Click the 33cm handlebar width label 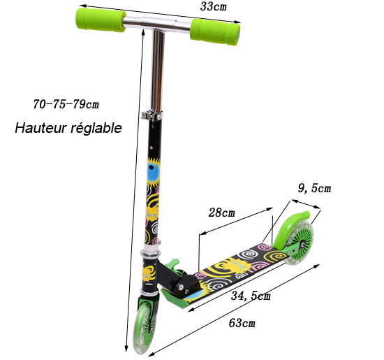coord(214,7)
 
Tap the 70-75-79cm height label coord(66,104)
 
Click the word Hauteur coord(41,128)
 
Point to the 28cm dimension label coord(221,213)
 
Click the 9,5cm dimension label coord(314,189)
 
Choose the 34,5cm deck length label coord(251,296)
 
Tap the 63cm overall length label coord(242,323)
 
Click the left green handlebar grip coord(101,20)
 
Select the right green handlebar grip coord(215,32)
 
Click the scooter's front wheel coord(145,326)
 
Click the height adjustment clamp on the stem coord(152,115)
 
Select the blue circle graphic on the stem coord(154,171)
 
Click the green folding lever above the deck coord(174,264)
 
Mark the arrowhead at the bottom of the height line coord(126,349)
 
